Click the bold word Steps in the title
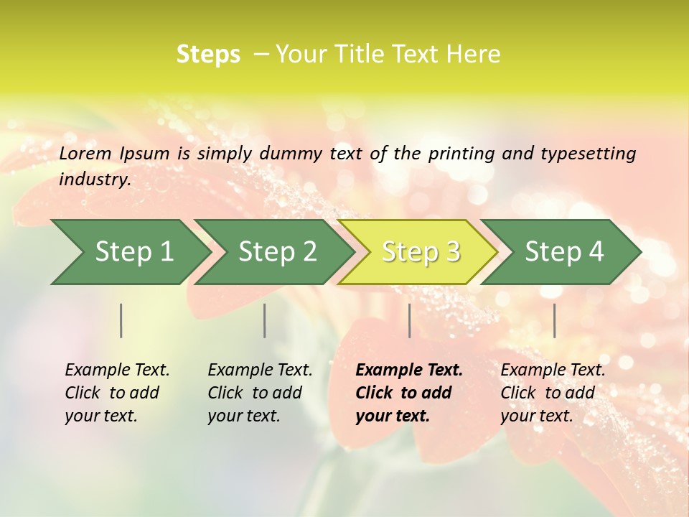click(x=208, y=55)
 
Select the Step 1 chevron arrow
click(x=129, y=252)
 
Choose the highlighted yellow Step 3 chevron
click(x=418, y=252)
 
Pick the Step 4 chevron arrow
click(x=561, y=252)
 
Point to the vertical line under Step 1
click(x=121, y=320)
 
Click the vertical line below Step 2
click(x=265, y=320)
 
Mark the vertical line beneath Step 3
click(x=409, y=320)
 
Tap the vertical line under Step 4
click(x=554, y=320)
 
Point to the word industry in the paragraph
click(x=94, y=179)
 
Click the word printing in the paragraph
click(x=460, y=153)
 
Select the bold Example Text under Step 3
click(x=409, y=371)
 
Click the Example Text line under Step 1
click(x=117, y=371)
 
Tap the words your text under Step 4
click(x=536, y=416)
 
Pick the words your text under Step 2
click(x=243, y=416)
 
